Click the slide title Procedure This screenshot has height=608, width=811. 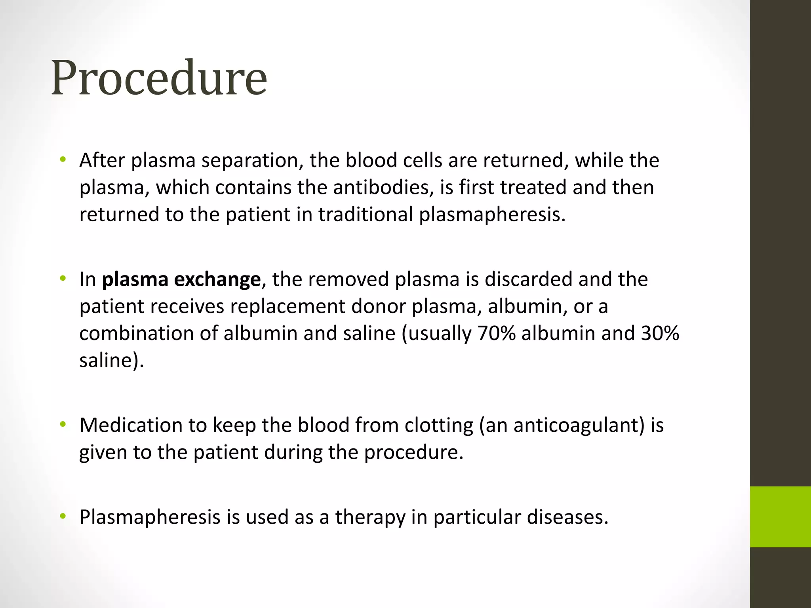coord(159,78)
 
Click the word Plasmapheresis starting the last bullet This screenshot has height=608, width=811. coord(150,517)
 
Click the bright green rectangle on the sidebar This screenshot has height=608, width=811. coord(780,517)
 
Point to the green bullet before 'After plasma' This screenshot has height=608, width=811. coord(62,160)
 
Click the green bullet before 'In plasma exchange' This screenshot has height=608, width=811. coord(62,279)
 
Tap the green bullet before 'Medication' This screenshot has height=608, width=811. coord(62,425)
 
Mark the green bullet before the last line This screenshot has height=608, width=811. coord(62,516)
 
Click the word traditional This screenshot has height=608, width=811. coord(366,215)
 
